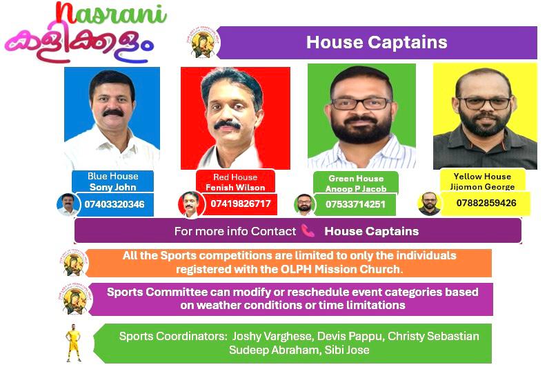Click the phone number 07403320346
point(115,204)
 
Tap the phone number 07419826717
point(240,204)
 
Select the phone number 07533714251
point(355,204)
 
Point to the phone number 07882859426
point(486,203)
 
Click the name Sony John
point(112,187)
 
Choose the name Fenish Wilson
point(235,188)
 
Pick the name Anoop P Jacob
point(356,189)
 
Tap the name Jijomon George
point(482,187)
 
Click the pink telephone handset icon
point(308,230)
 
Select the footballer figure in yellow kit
point(74,343)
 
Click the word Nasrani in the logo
point(111,14)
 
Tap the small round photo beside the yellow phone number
point(429,204)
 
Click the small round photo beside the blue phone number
point(68,205)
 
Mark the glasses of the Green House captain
point(361,103)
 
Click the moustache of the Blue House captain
point(113,112)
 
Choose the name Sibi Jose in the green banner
point(347,350)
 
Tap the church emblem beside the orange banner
point(74,263)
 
